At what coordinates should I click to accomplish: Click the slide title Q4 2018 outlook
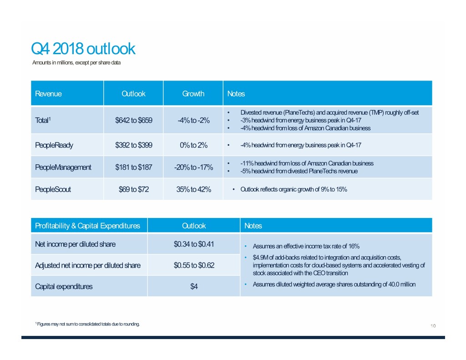83,49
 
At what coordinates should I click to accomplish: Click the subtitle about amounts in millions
76,62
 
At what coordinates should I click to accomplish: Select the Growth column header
193,94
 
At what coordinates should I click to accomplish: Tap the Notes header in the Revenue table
236,94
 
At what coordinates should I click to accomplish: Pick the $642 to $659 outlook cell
134,120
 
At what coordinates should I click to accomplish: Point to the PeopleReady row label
54,145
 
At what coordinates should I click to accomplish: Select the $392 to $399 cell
134,145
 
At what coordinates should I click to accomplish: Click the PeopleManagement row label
63,167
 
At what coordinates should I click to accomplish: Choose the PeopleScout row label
53,189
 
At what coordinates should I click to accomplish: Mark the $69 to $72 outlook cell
134,189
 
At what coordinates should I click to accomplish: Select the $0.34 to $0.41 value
194,244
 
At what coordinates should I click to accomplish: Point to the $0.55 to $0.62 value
194,265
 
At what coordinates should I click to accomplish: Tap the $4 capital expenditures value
194,287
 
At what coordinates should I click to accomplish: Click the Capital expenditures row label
64,286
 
